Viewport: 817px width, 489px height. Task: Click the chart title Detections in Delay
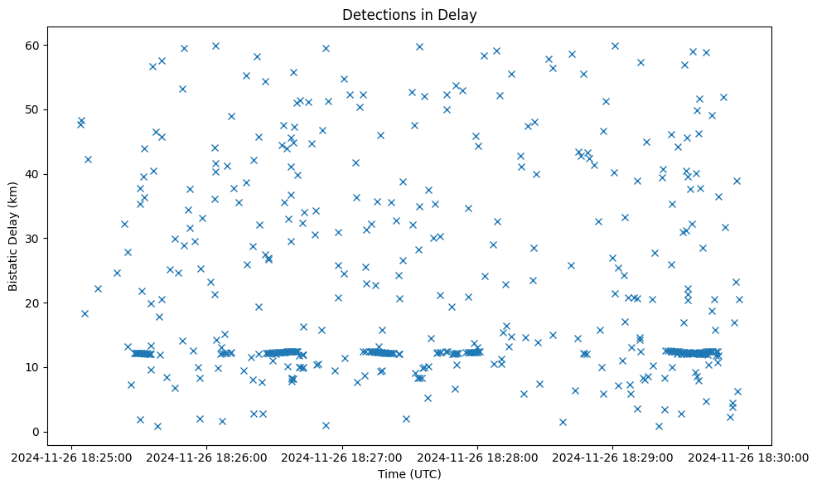[x=409, y=15]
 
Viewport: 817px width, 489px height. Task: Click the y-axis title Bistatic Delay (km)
[x=14, y=229]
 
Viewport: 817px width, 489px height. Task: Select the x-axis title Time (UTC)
[x=409, y=474]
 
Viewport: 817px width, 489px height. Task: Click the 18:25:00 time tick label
[x=71, y=457]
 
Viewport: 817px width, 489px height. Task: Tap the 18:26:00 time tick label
[x=207, y=457]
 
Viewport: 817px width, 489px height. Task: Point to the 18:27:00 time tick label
[x=342, y=457]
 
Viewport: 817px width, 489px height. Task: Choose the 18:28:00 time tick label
[x=478, y=457]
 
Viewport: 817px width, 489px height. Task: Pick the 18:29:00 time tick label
[x=613, y=457]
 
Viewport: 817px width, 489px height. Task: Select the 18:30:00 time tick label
[x=749, y=457]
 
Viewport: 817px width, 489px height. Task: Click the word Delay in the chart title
[x=460, y=15]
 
